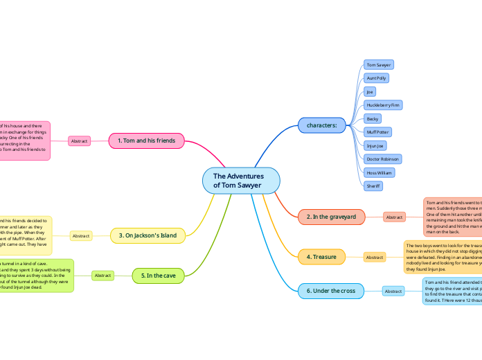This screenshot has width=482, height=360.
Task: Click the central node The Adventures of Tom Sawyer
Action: click(x=241, y=181)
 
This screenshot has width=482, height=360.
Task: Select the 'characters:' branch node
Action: click(x=321, y=125)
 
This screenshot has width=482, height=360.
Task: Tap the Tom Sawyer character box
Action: click(x=379, y=64)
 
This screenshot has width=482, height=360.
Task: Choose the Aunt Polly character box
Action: click(x=377, y=78)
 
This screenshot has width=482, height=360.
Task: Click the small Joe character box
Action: click(x=370, y=91)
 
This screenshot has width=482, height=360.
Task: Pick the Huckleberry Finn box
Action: click(x=383, y=105)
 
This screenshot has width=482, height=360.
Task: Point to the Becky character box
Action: click(x=373, y=118)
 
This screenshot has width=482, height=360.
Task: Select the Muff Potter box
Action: click(x=378, y=132)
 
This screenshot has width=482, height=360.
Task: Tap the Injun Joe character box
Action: click(x=375, y=145)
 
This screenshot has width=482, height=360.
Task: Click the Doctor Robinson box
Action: click(x=383, y=159)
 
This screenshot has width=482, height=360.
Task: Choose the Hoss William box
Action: click(x=380, y=172)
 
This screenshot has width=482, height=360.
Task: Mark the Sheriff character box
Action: click(x=373, y=186)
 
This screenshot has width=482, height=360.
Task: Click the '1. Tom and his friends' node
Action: click(x=146, y=141)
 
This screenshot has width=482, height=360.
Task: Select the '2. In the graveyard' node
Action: click(x=331, y=217)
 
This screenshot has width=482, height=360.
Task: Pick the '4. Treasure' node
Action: click(x=321, y=257)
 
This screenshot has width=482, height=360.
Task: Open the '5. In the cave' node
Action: click(x=158, y=276)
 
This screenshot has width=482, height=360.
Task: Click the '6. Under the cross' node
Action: click(x=331, y=291)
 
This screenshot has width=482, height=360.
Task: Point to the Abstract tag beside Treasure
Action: click(x=375, y=258)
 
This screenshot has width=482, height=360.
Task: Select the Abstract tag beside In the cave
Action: click(x=103, y=276)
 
